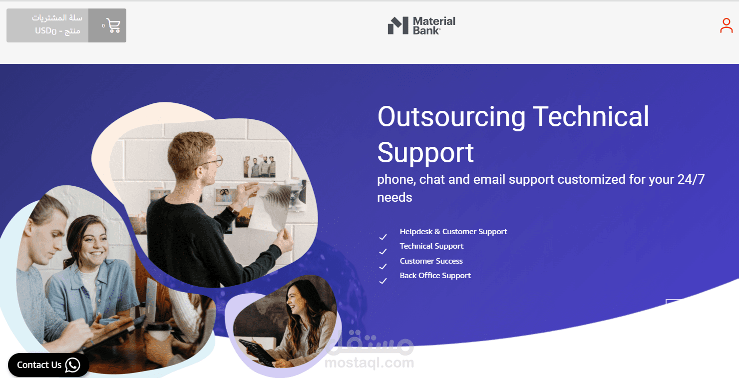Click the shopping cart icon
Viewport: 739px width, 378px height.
[x=113, y=25]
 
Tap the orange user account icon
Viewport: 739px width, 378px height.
[x=726, y=25]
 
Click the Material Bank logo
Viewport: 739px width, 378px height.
[x=421, y=25]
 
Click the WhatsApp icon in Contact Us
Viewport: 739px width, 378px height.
[x=72, y=365]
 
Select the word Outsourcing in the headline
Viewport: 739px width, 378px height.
[x=451, y=116]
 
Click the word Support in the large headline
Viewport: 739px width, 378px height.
[x=425, y=153]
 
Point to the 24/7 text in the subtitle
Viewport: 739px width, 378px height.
[x=691, y=179]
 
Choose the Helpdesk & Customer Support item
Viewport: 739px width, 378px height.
[x=453, y=232]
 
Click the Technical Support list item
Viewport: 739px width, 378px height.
[x=431, y=246]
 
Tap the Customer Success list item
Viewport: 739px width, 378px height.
[x=431, y=261]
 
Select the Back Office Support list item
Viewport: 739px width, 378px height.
[x=435, y=276]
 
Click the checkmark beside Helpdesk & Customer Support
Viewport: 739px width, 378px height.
[x=382, y=237]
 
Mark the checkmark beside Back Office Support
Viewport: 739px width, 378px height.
[x=382, y=281]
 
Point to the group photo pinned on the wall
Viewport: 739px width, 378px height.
[x=259, y=167]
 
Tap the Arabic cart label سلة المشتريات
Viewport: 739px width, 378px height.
[x=57, y=18]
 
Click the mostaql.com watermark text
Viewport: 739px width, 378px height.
[x=369, y=363]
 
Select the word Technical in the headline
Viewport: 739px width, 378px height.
[x=591, y=116]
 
